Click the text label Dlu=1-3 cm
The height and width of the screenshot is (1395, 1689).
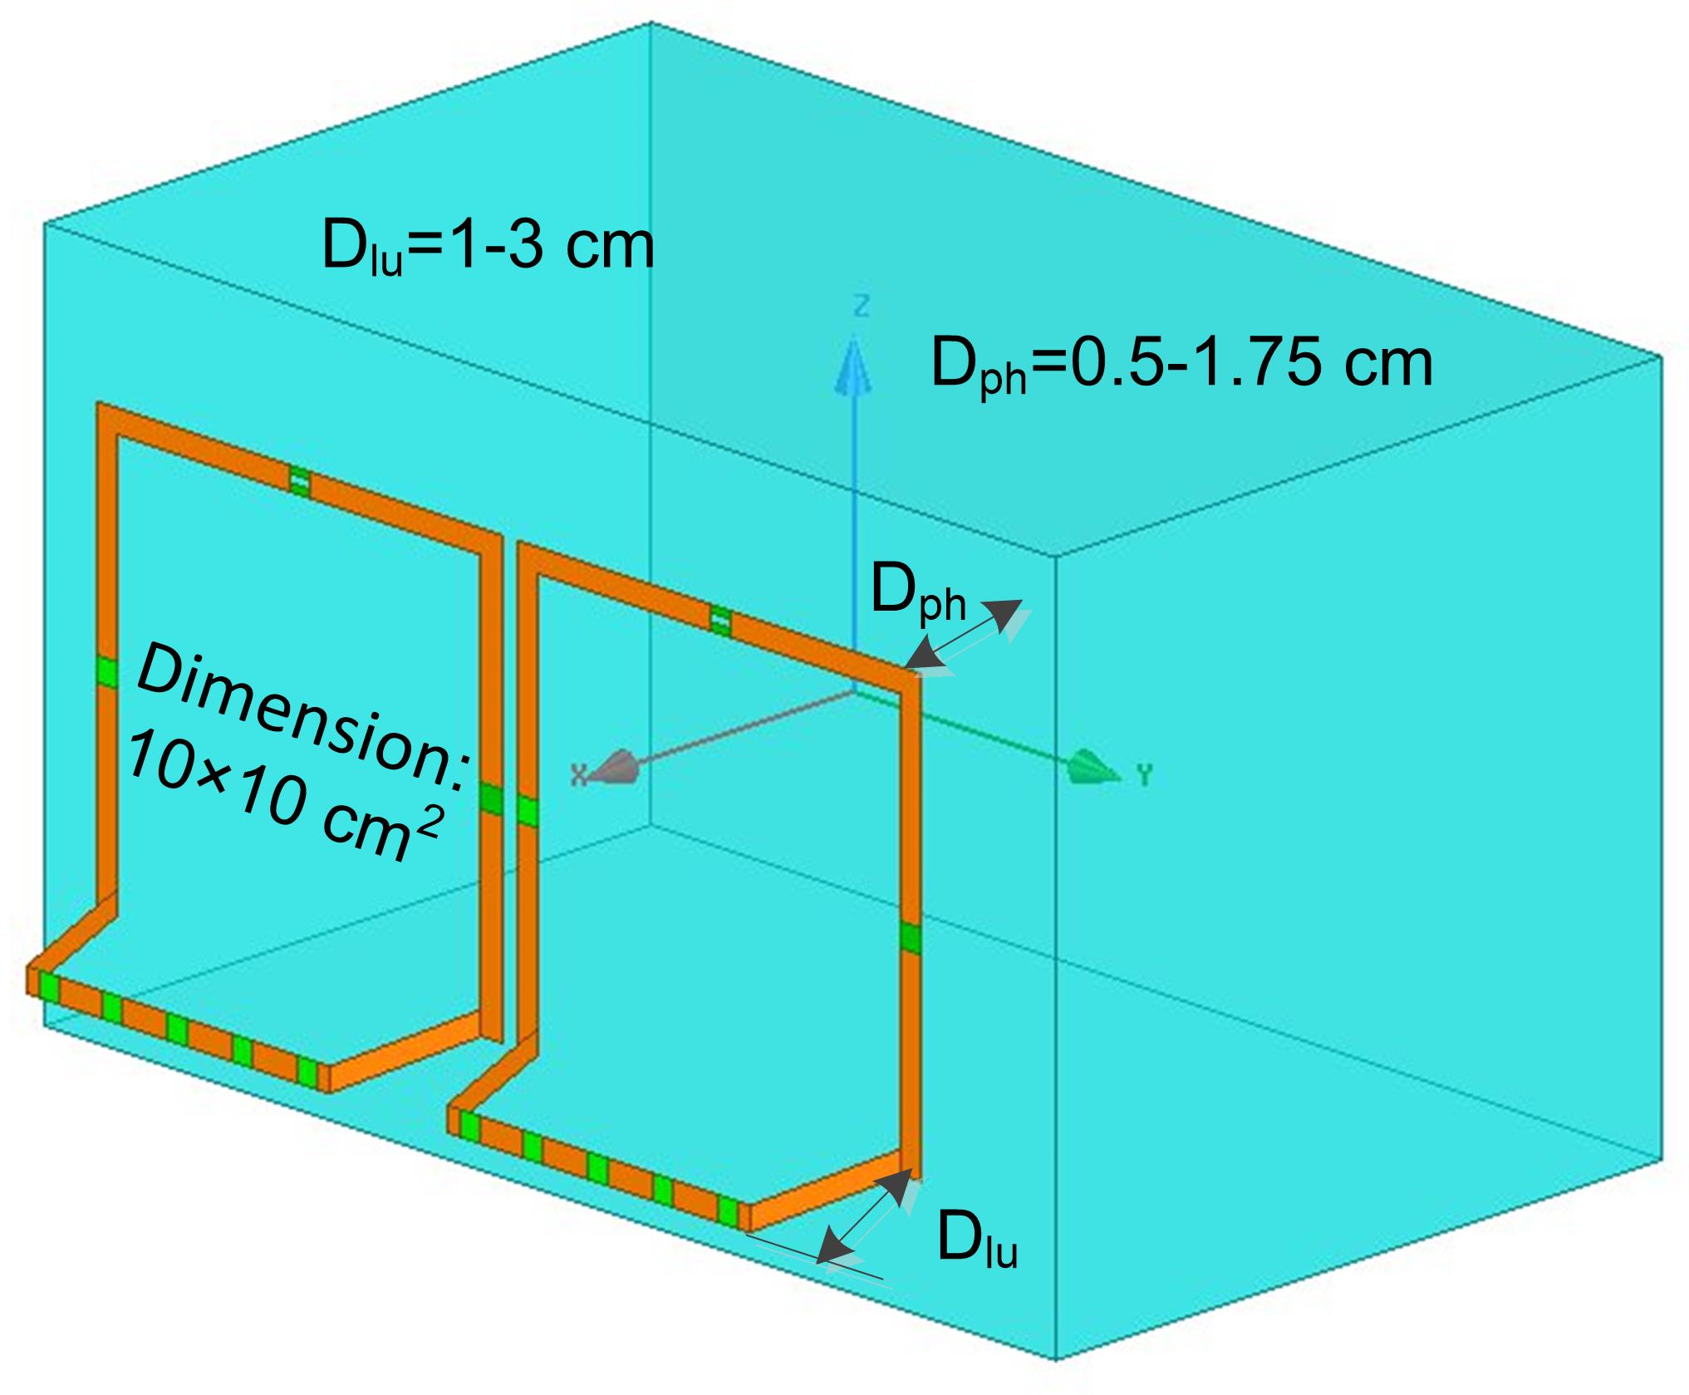[488, 247]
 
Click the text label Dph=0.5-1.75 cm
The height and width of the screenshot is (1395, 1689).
[1181, 365]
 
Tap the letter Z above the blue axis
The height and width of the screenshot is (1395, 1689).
[862, 307]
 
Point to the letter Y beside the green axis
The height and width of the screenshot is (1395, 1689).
[1145, 775]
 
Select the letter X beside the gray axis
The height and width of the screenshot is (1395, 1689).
[579, 775]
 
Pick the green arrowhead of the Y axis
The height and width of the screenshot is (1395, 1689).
[1097, 767]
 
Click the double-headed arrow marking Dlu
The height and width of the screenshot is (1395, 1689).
[864, 1216]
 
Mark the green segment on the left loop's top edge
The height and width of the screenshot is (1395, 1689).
[300, 481]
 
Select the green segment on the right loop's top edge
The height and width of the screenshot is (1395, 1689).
[720, 620]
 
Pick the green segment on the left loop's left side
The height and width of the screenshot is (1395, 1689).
[106, 671]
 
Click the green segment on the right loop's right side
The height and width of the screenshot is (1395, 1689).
[911, 937]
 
